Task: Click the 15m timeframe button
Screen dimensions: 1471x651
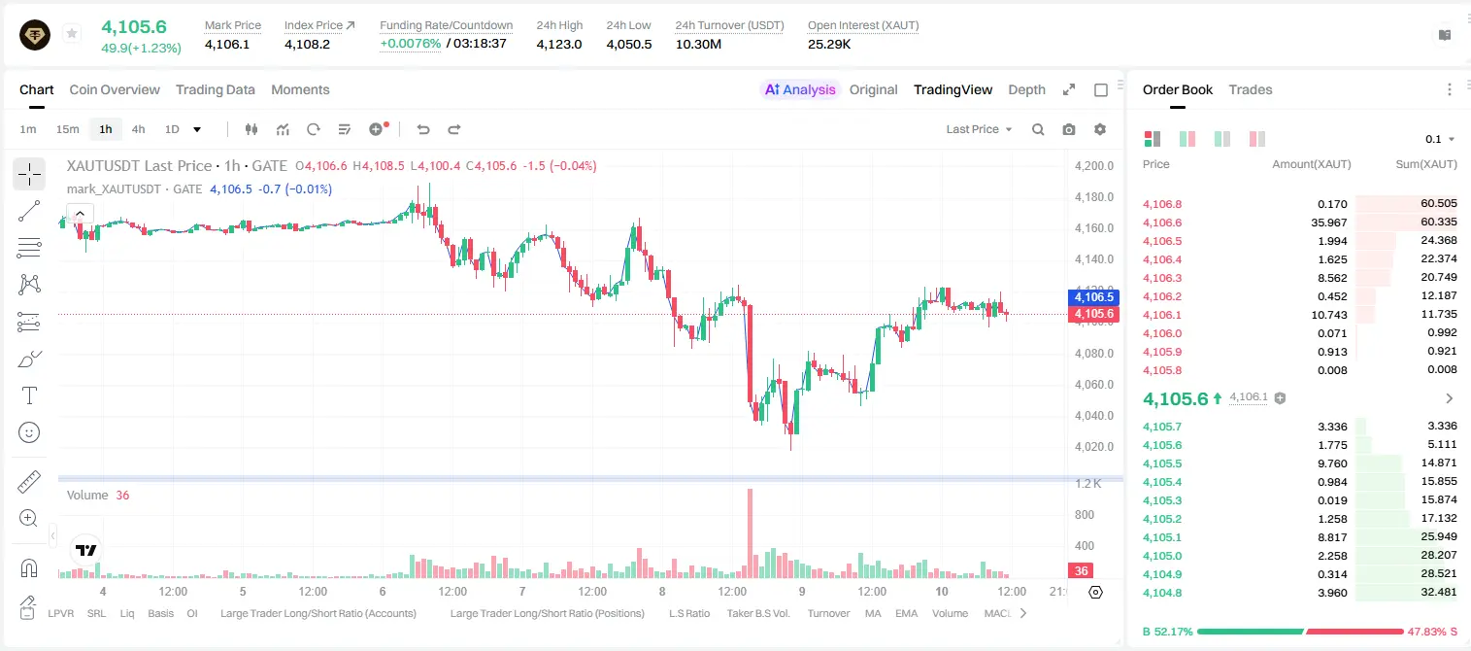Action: point(67,129)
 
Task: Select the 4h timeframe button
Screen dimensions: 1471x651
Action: point(138,129)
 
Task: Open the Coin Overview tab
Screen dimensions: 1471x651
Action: point(115,89)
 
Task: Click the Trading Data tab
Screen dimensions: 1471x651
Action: point(215,89)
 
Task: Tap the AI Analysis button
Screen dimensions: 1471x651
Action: point(800,89)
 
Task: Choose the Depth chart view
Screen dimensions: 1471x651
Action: point(1026,89)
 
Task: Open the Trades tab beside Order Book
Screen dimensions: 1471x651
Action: point(1251,89)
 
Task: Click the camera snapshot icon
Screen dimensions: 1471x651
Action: point(1069,129)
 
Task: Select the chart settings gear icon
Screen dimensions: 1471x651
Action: point(1100,129)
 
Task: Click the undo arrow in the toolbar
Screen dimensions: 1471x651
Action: point(423,129)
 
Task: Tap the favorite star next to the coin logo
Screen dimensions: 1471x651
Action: point(72,33)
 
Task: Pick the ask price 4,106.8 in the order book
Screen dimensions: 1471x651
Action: point(1161,204)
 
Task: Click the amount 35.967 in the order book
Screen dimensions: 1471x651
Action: point(1328,223)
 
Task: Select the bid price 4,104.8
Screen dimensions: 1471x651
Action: point(1161,593)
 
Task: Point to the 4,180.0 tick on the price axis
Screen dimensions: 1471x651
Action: point(1094,197)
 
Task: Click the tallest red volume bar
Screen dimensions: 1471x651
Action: point(750,533)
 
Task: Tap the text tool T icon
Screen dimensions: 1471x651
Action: point(29,395)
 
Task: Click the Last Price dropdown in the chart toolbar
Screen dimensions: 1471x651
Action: point(979,129)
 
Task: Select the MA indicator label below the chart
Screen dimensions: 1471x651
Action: point(873,613)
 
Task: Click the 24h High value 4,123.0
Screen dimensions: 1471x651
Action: point(559,44)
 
